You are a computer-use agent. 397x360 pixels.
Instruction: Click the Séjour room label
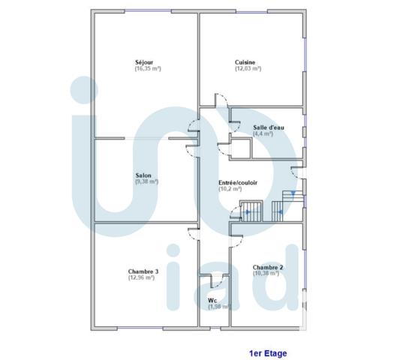[x=145, y=62]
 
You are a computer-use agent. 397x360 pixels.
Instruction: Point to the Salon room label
[x=143, y=175]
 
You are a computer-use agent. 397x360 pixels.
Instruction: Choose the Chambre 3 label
[x=143, y=271]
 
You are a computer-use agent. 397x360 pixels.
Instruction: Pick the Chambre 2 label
[x=267, y=267]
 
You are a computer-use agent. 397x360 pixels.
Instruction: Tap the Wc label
[x=212, y=301]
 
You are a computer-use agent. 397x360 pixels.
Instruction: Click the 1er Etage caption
[x=268, y=352]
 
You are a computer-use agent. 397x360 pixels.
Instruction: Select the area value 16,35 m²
[x=148, y=68]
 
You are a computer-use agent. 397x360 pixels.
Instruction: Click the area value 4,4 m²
[x=264, y=133]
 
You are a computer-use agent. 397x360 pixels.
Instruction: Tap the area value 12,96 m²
[x=141, y=277]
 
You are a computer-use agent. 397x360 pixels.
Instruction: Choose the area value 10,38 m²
[x=266, y=273]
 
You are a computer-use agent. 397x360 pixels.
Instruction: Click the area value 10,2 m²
[x=230, y=189]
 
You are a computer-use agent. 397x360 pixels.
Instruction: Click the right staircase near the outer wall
[x=289, y=204]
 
